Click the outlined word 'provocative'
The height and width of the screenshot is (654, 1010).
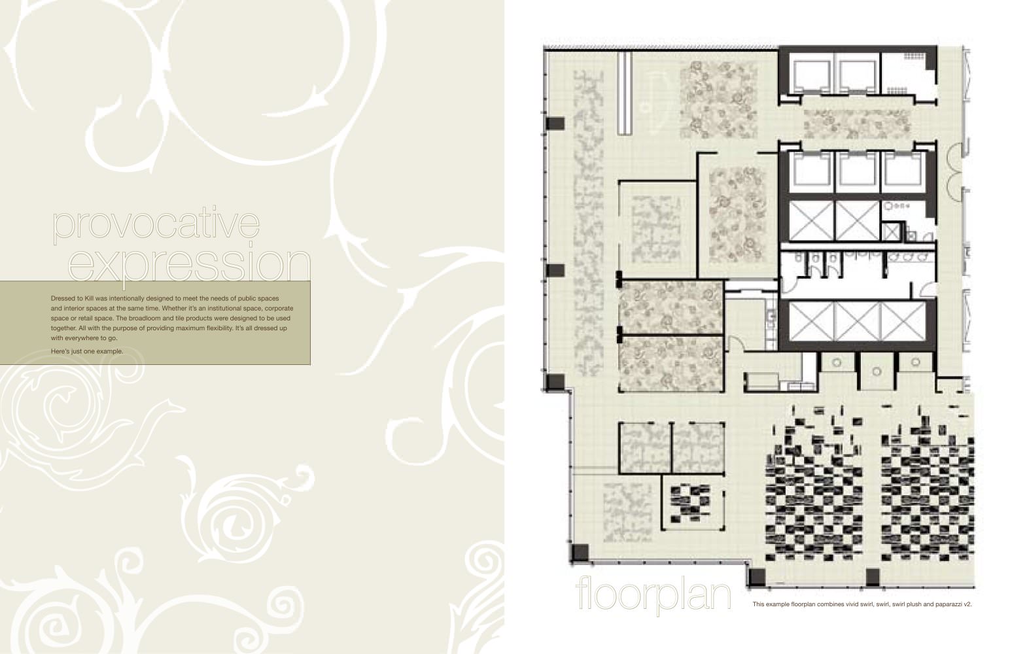(156, 224)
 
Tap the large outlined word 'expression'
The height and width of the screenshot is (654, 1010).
(190, 264)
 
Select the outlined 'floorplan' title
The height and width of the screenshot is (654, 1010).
(653, 595)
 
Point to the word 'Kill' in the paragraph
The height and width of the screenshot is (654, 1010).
(89, 298)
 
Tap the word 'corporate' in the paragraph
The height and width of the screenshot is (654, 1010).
(279, 308)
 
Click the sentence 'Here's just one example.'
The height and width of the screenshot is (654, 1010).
(87, 351)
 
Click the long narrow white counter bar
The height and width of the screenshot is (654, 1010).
(625, 93)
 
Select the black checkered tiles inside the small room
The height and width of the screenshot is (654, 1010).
(690, 503)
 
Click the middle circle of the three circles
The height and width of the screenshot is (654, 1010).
(877, 371)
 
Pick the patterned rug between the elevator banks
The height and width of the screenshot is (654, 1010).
(856, 124)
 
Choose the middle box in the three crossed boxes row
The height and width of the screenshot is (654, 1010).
(857, 321)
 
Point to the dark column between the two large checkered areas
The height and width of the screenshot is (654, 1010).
(873, 577)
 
